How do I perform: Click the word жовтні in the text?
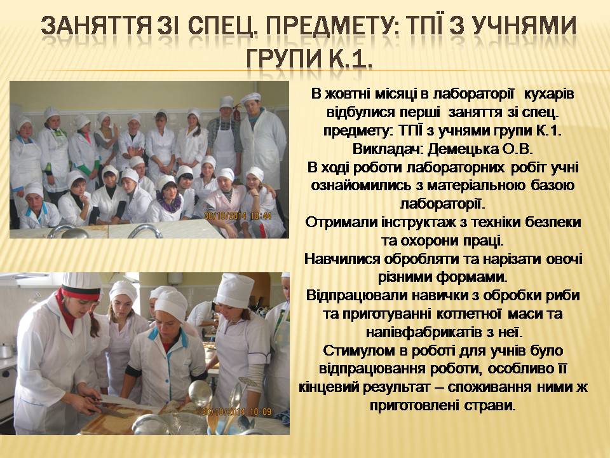pyautogui.click(x=348, y=94)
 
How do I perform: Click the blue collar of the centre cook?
pyautogui.click(x=168, y=337)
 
